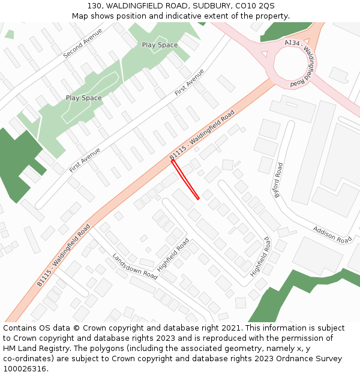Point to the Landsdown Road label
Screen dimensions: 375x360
point(134,266)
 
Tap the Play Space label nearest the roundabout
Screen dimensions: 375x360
point(160,45)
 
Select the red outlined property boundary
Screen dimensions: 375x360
point(185,179)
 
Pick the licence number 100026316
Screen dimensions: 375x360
point(25,369)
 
